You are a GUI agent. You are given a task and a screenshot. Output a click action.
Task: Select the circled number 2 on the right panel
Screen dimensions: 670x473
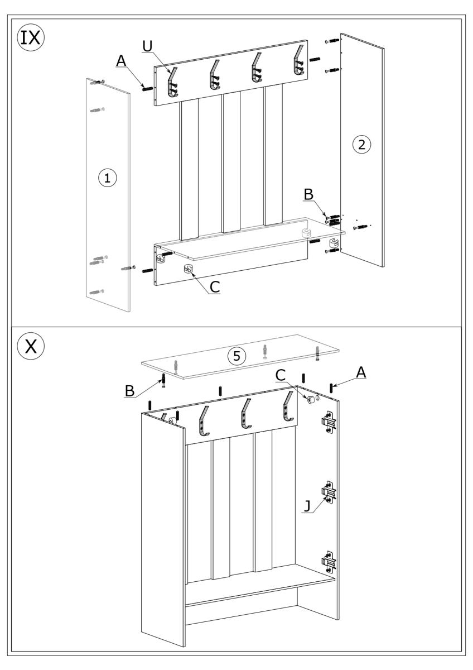point(361,145)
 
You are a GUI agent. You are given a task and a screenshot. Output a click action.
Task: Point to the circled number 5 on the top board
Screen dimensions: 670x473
point(239,356)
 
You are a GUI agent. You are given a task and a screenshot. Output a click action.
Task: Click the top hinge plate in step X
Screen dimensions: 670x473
point(328,421)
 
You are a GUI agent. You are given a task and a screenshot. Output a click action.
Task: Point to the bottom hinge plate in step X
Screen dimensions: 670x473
point(329,561)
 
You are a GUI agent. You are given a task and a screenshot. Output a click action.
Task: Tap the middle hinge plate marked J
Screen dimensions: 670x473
point(329,492)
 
